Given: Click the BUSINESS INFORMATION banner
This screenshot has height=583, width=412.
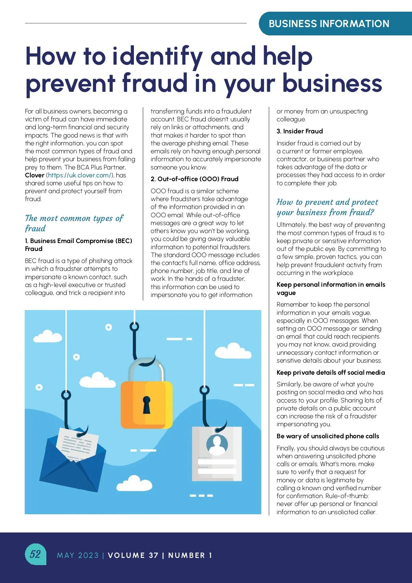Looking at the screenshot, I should (x=329, y=24).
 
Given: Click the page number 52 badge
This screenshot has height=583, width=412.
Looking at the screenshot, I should (x=35, y=554).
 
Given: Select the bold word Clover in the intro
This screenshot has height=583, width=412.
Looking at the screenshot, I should (x=35, y=175).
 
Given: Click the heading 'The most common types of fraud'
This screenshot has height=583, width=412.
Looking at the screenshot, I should (x=74, y=223).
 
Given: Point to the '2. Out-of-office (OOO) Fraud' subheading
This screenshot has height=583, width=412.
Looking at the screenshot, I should (x=194, y=179).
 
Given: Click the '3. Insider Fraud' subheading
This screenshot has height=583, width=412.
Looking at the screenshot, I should (x=300, y=131).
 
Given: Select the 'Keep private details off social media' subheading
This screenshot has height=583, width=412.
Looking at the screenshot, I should (x=331, y=373).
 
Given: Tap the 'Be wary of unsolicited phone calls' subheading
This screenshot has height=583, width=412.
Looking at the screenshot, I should (x=328, y=436).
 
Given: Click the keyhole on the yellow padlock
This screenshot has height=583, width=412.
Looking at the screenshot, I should (x=147, y=404).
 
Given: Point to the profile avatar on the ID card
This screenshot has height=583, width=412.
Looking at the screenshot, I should (x=217, y=444).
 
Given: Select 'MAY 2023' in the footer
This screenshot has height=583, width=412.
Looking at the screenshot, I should (x=78, y=555).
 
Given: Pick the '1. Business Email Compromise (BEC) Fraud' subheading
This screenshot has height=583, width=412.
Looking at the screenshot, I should (x=78, y=245).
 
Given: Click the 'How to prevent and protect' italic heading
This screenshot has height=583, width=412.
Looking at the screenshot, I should (x=327, y=202).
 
